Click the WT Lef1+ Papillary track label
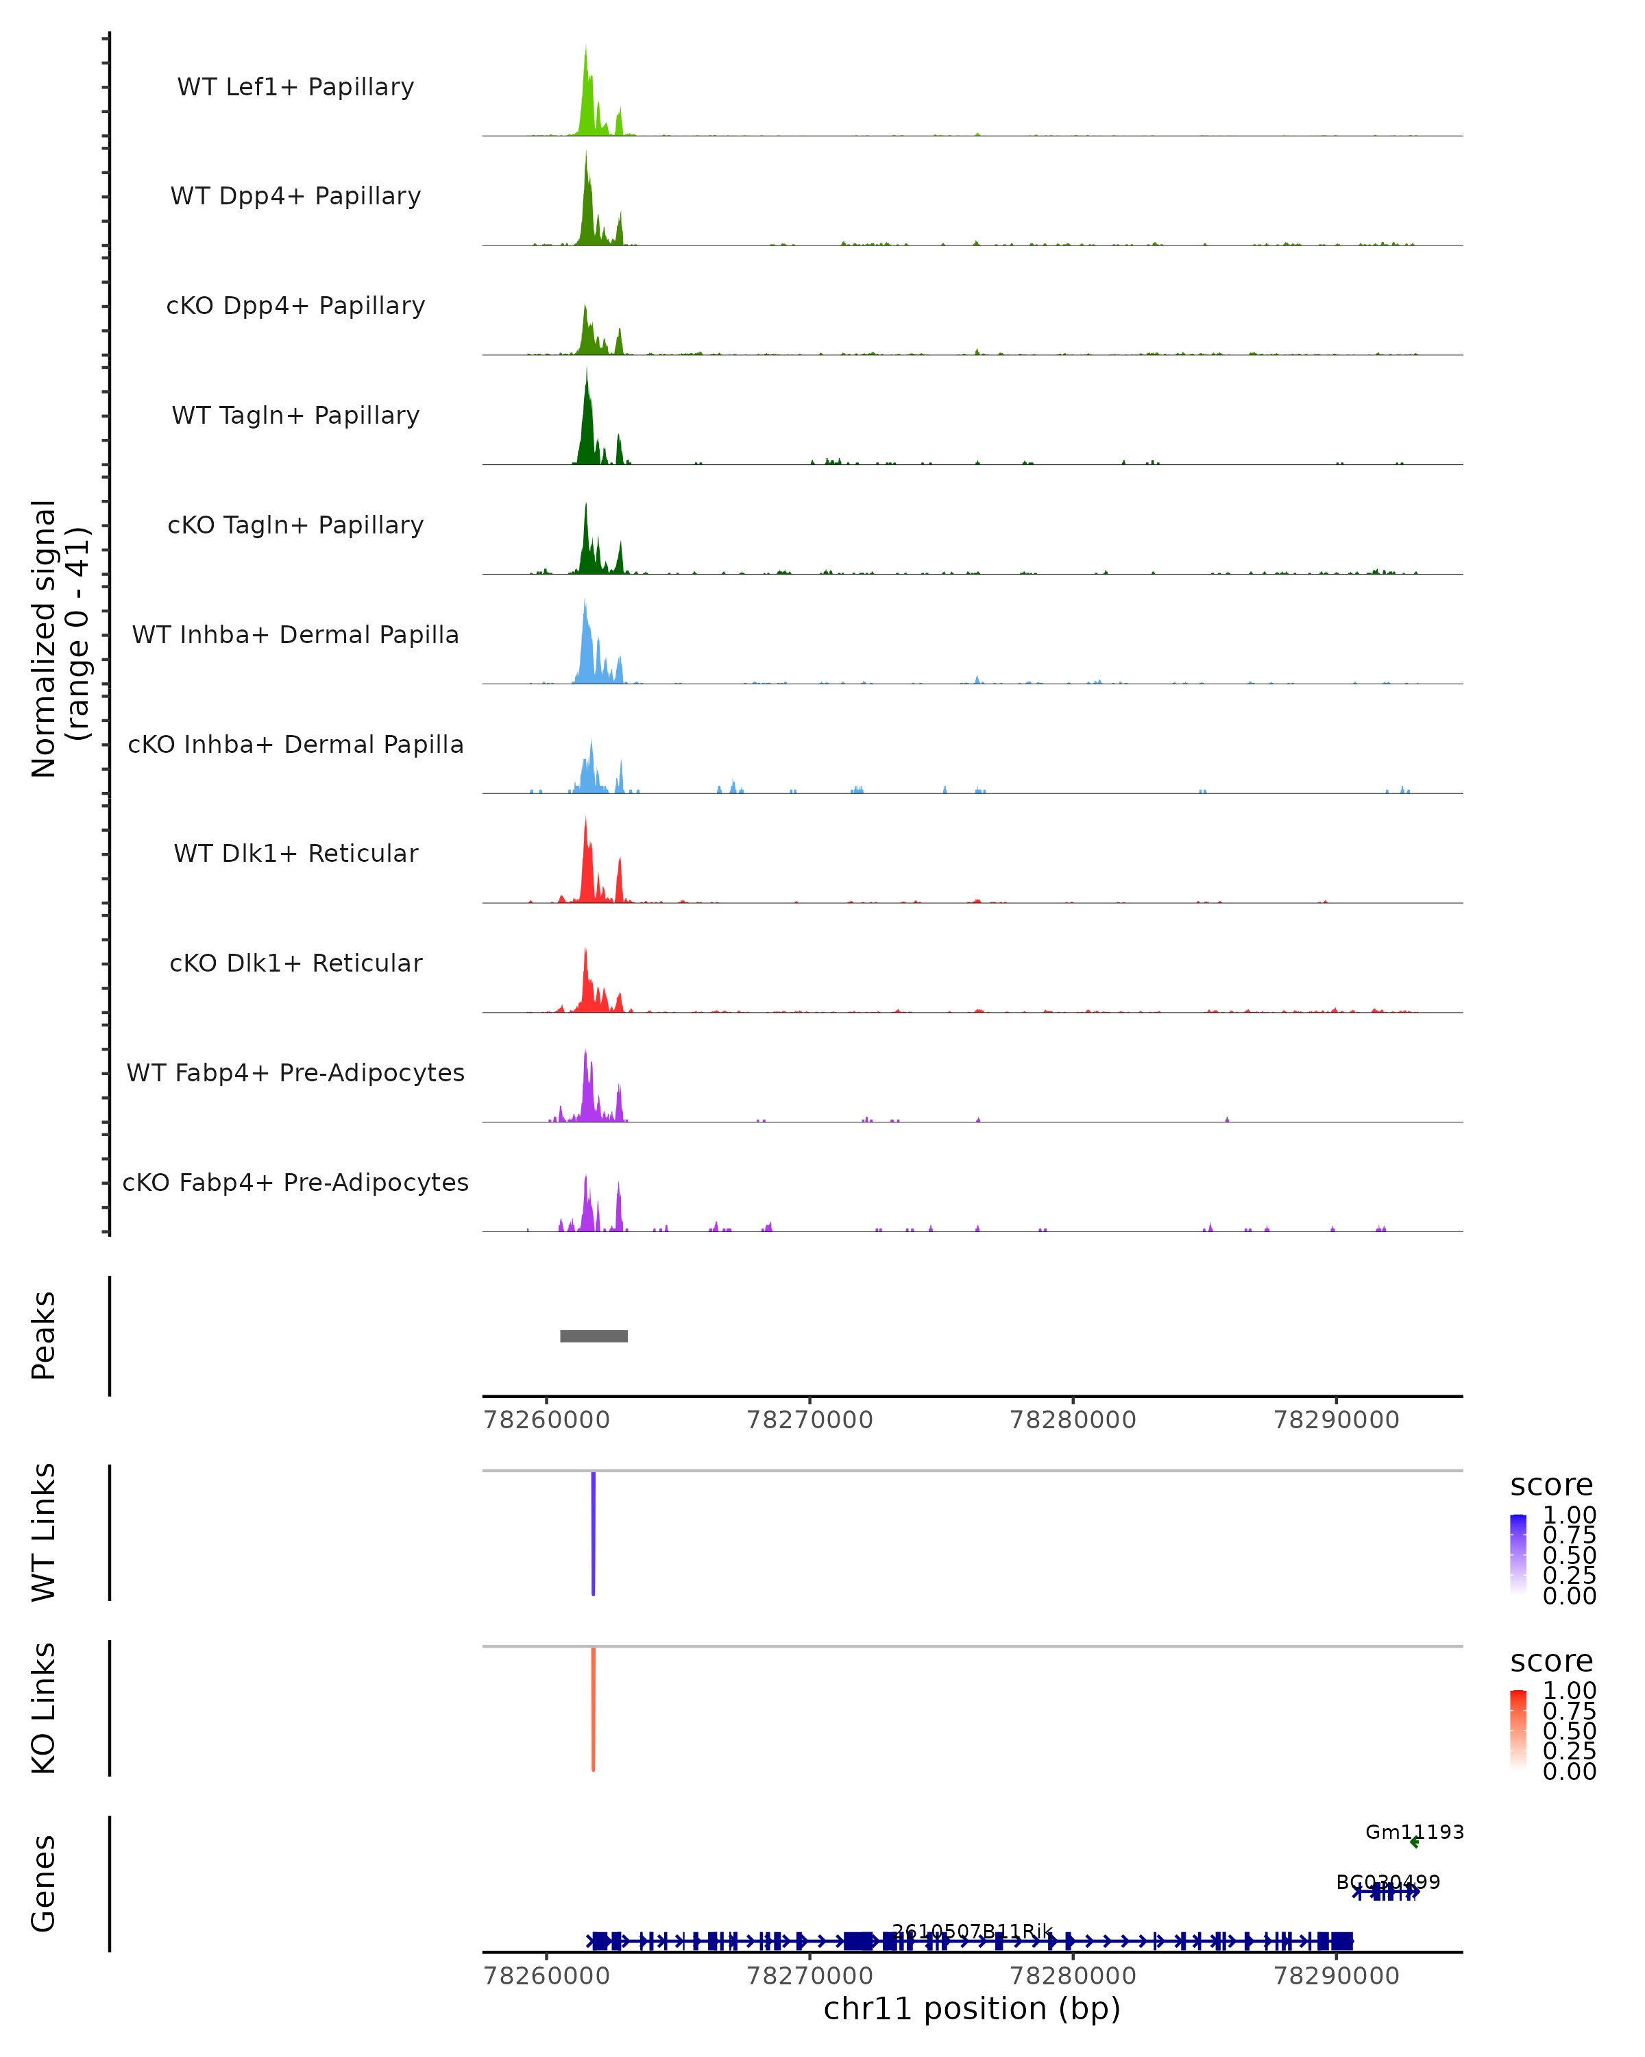295,87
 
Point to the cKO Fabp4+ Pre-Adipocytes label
295,1182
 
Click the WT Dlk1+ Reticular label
295,853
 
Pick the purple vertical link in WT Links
593,1533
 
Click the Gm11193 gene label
1414,1832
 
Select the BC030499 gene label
1387,1882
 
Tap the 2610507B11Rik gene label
972,1932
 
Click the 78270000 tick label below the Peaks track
809,1420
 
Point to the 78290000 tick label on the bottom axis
1336,1976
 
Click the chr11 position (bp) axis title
972,2008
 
